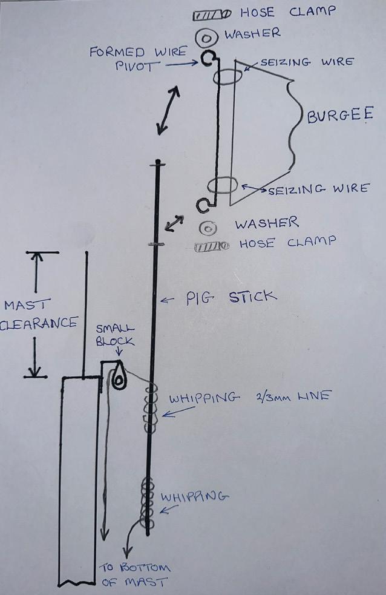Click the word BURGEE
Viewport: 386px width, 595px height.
tap(339, 116)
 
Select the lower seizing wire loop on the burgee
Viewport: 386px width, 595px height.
tap(224, 185)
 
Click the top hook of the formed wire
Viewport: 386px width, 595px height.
tap(208, 59)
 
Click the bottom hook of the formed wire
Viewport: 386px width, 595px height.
tap(204, 205)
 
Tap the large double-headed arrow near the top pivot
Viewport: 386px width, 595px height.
tap(168, 110)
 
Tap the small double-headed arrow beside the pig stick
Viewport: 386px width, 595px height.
tap(174, 223)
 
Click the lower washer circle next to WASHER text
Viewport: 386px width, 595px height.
tap(209, 229)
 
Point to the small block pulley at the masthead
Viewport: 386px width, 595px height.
tap(119, 378)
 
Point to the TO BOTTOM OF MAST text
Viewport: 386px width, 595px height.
tap(135, 575)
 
